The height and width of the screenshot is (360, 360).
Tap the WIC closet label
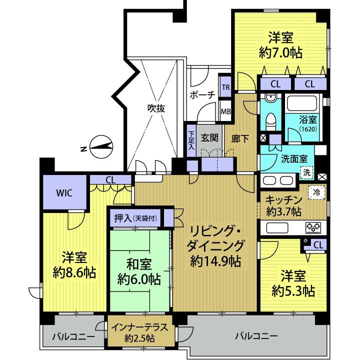coord(65,194)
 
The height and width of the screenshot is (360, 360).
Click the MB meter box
coord(225,111)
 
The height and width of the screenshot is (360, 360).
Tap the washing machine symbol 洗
coord(306,171)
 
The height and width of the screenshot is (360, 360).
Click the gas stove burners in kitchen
coord(313,228)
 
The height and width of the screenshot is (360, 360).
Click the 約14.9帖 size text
coord(216,260)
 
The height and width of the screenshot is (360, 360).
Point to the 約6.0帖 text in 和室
coord(140,279)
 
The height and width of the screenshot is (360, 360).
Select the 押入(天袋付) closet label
coord(135,218)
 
